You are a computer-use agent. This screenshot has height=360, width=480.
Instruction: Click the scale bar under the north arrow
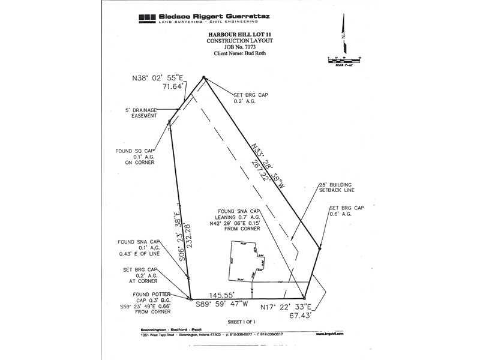point(344,59)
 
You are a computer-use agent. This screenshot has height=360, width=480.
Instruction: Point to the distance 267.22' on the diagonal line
point(259,174)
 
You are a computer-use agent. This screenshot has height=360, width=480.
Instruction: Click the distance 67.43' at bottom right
point(299,313)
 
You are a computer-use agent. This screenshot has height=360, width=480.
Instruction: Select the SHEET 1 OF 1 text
point(241,322)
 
